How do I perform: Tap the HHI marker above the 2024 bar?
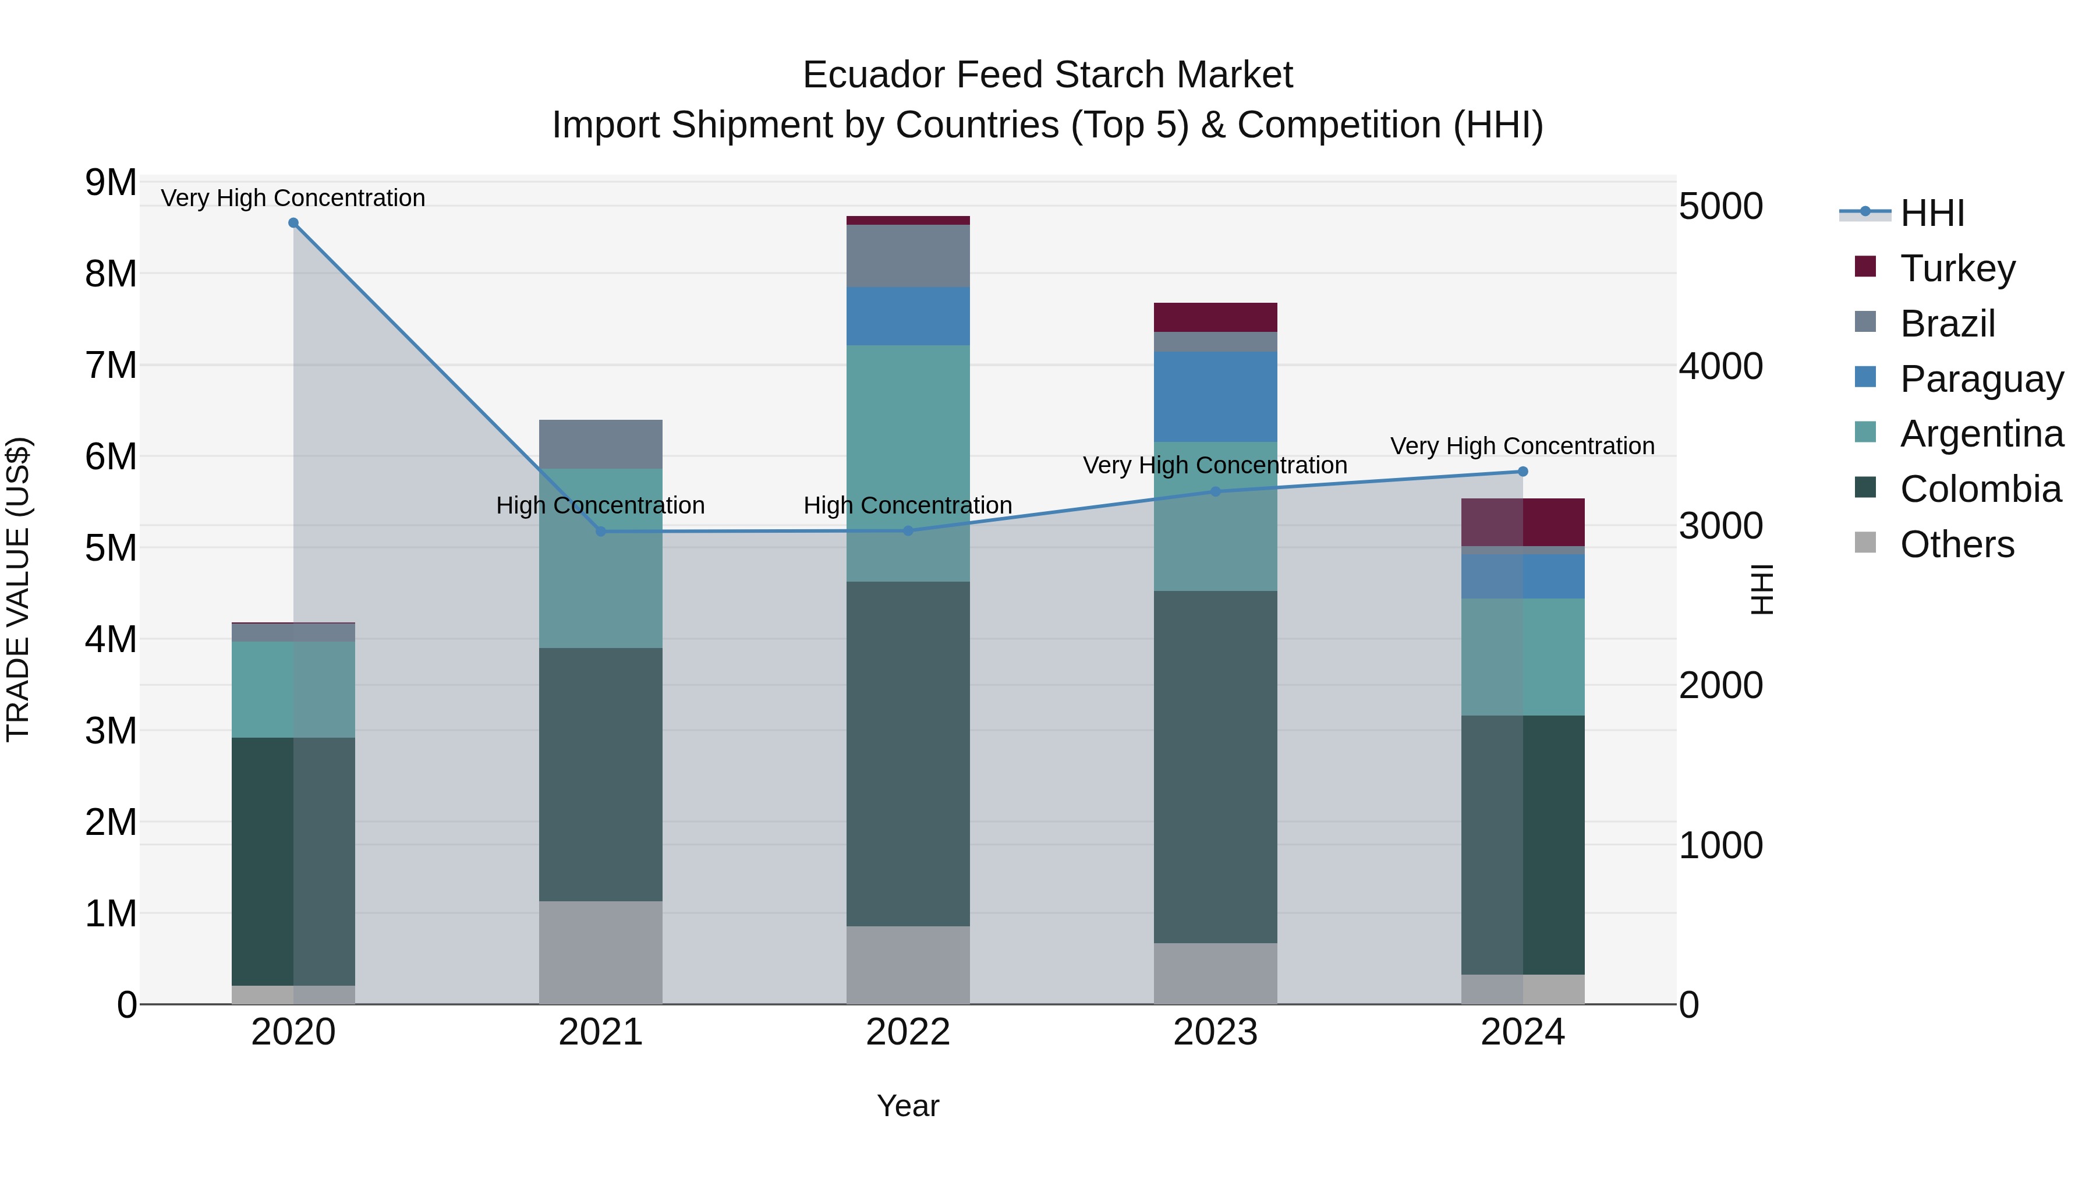(x=1523, y=472)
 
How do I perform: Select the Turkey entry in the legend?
(x=1957, y=268)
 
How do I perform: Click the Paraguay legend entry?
(x=1981, y=379)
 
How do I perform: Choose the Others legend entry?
(x=1957, y=544)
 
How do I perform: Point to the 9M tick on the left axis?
(x=111, y=182)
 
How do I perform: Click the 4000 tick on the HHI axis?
(x=1720, y=366)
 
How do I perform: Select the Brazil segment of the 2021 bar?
(x=600, y=444)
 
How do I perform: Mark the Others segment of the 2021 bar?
(x=600, y=952)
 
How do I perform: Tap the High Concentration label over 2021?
(x=600, y=505)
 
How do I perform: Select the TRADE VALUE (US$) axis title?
(x=18, y=589)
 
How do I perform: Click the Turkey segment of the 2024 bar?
(x=1523, y=522)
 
